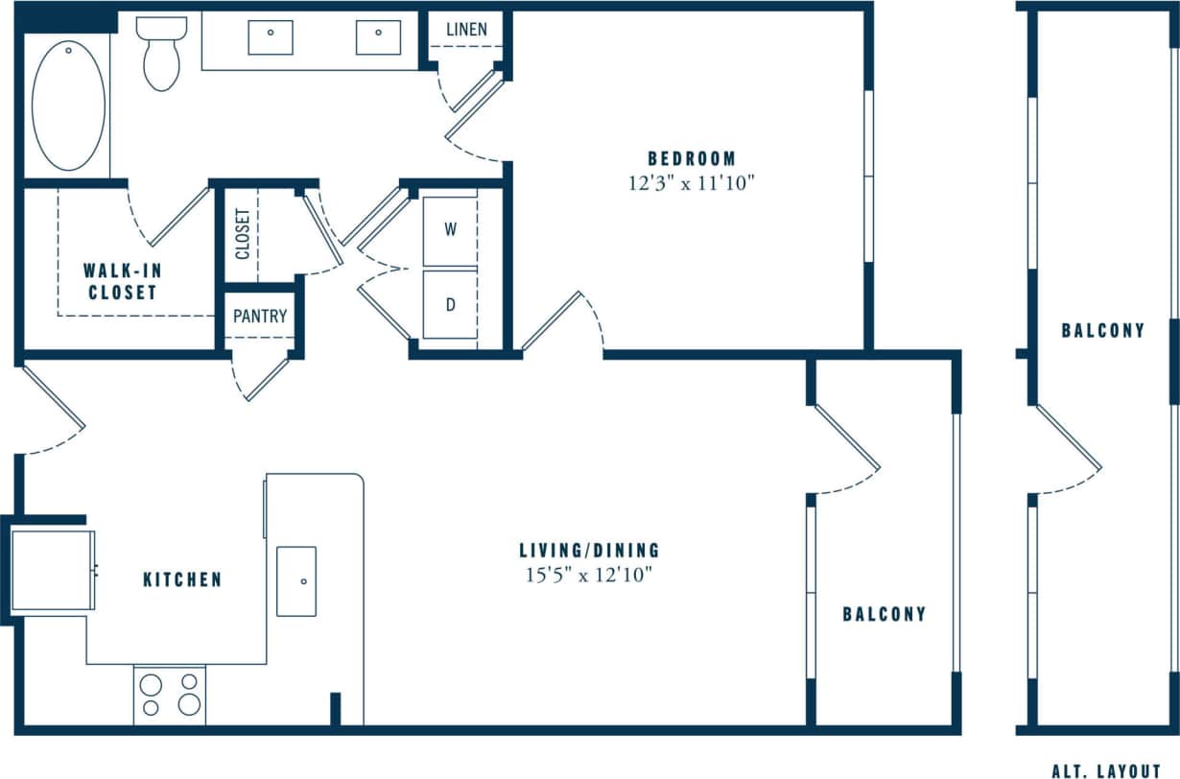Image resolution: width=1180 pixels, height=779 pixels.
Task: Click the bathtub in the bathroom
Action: (x=68, y=106)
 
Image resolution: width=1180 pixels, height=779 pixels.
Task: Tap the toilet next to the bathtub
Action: (x=160, y=54)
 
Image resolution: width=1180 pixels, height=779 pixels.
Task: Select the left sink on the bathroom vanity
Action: (x=271, y=37)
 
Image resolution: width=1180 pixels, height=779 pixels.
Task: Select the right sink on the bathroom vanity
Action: (x=378, y=37)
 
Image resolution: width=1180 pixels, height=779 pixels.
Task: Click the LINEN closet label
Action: (x=466, y=30)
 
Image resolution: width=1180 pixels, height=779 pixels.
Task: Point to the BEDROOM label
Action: (x=692, y=158)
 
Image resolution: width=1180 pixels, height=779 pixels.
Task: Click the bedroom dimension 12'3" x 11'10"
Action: (x=692, y=183)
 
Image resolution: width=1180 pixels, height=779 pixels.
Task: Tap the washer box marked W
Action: (x=450, y=231)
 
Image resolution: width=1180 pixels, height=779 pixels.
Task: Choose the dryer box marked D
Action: (x=450, y=305)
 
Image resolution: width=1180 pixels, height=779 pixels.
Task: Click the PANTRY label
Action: (x=260, y=316)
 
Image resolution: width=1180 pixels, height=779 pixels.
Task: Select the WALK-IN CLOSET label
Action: (x=121, y=281)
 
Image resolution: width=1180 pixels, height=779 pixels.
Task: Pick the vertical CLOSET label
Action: (x=242, y=235)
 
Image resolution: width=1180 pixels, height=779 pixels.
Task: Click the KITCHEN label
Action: (x=182, y=579)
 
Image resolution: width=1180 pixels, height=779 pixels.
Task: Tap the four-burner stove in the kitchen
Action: (x=170, y=696)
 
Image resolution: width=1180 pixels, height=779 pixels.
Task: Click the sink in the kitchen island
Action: (x=296, y=581)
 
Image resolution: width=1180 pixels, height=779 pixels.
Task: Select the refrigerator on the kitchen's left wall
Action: (x=53, y=569)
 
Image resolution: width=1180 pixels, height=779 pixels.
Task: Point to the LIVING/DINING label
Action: (x=589, y=551)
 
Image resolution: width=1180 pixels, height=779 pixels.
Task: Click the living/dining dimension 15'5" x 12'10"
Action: (x=589, y=575)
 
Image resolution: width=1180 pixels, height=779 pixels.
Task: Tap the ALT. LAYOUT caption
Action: (x=1106, y=770)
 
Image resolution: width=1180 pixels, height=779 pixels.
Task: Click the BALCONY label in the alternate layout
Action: (x=1102, y=331)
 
